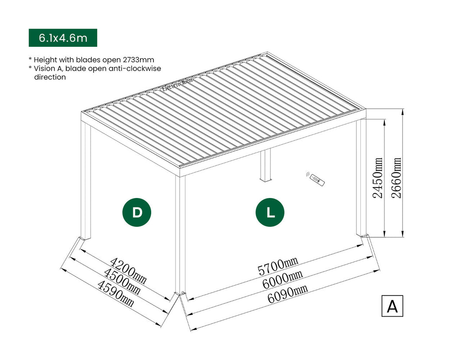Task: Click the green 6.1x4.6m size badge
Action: [x=63, y=38]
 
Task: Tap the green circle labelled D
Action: [x=137, y=212]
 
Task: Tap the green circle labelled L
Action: [x=270, y=212]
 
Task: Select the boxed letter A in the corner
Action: [x=392, y=306]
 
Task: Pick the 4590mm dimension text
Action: [x=115, y=294]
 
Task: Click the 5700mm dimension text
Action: [x=278, y=266]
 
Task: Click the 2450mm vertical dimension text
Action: [x=378, y=178]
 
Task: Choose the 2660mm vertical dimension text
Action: [x=396, y=178]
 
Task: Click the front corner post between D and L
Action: [x=180, y=234]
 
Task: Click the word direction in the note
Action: [x=50, y=77]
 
